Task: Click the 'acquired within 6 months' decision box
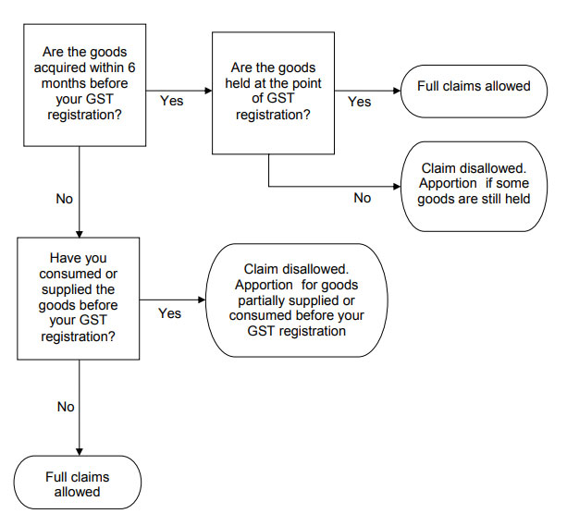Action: (84, 85)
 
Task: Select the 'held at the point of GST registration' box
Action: (273, 93)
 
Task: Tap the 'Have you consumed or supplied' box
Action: (78, 299)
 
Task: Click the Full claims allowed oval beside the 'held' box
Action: (474, 92)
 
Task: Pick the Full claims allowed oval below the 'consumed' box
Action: (78, 483)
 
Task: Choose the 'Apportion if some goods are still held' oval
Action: (474, 186)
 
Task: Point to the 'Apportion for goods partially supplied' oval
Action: (297, 300)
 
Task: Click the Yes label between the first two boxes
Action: (172, 101)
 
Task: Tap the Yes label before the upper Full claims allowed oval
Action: (360, 102)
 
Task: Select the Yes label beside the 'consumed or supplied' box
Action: (169, 313)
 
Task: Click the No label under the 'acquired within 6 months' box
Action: (65, 199)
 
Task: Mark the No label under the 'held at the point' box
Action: (363, 198)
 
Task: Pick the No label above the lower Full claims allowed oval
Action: (66, 407)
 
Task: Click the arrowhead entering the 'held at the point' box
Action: (209, 91)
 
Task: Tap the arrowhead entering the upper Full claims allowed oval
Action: (397, 91)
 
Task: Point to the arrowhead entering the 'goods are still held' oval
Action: (397, 187)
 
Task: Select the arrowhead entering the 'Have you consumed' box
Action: (80, 234)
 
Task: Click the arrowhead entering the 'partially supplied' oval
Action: (202, 300)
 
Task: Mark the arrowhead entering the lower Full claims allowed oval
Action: (80, 452)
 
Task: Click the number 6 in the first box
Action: (131, 67)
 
